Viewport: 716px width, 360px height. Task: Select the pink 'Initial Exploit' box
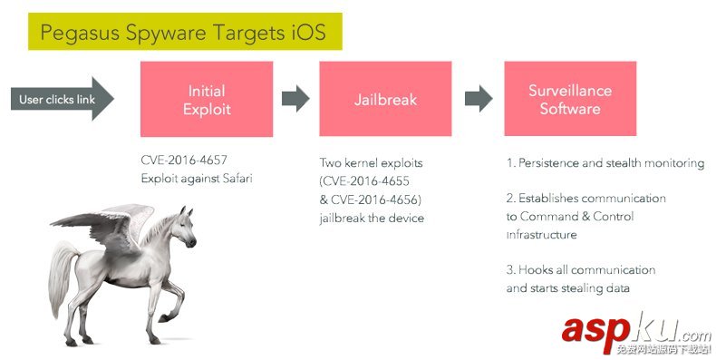(207, 99)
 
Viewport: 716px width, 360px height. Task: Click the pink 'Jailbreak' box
(385, 99)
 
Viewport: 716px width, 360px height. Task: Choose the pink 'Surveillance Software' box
(570, 99)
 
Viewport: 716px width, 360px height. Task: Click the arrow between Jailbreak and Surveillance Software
(479, 99)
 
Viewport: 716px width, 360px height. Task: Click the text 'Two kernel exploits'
(372, 163)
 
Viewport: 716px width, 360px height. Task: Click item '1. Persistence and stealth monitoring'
(605, 163)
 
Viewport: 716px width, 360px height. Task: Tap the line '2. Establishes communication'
(585, 198)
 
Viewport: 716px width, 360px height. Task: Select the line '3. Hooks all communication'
(580, 270)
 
